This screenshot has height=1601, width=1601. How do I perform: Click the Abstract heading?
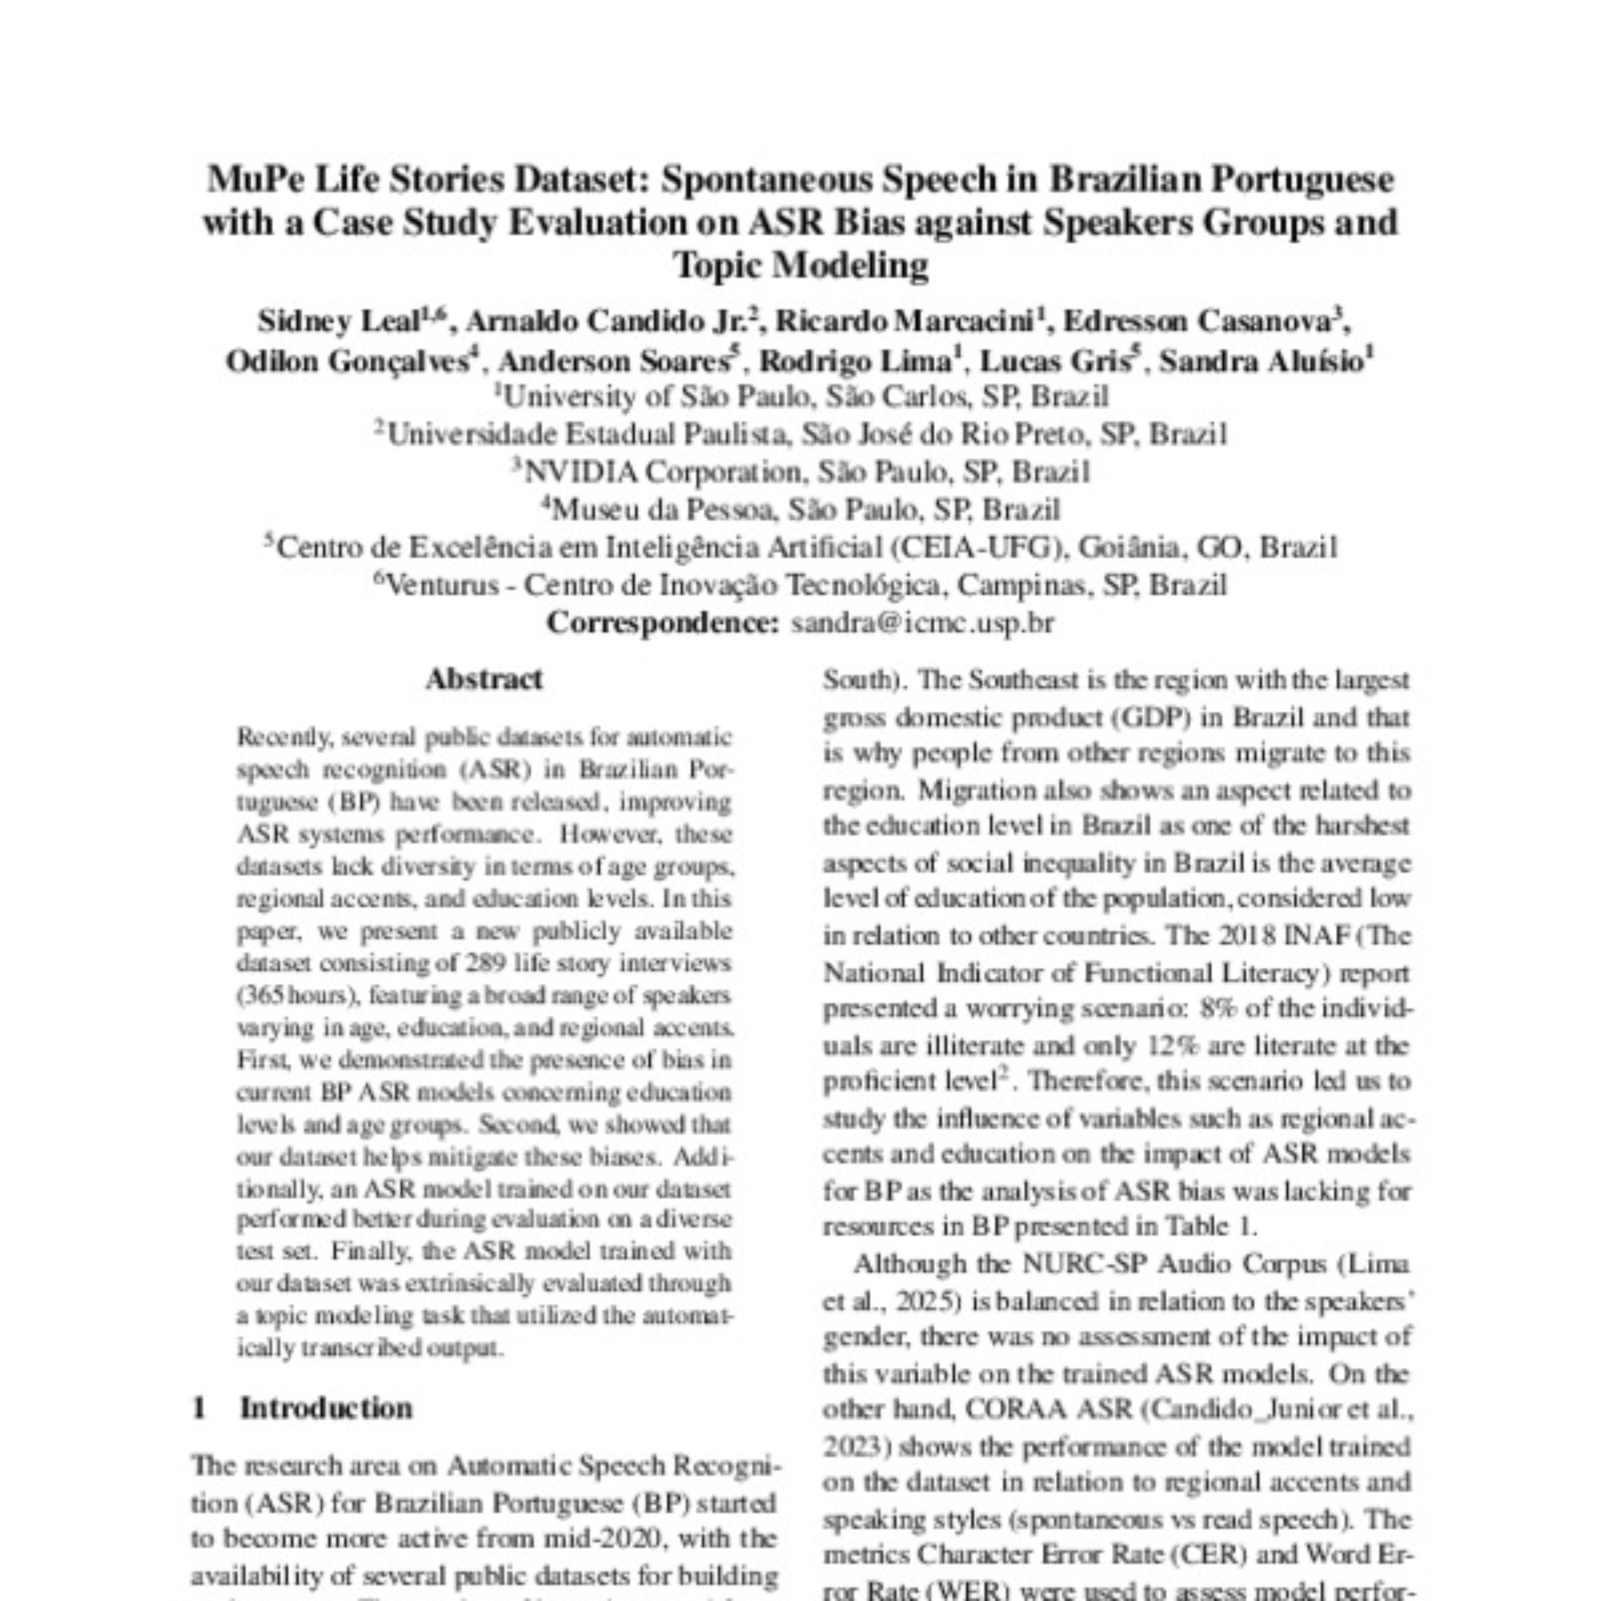tap(484, 679)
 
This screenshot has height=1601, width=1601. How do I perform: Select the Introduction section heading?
tap(326, 1408)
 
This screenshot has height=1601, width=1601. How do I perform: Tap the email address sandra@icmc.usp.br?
tap(922, 622)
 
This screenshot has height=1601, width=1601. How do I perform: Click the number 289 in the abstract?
tap(480, 963)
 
